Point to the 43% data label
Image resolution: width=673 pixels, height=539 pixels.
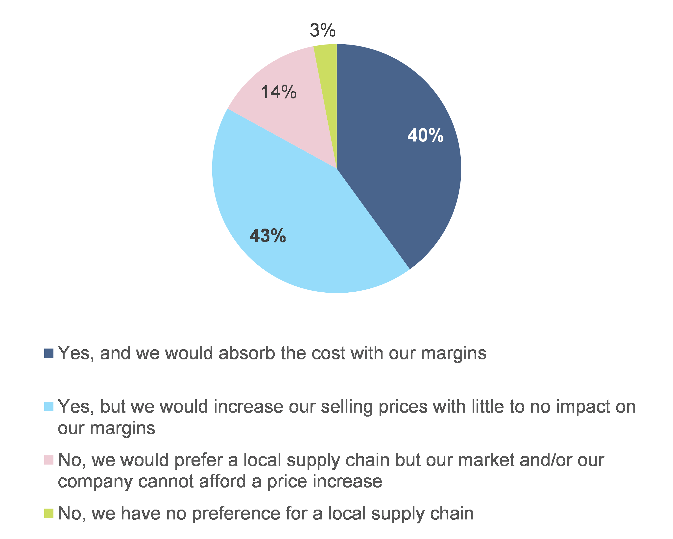tap(267, 236)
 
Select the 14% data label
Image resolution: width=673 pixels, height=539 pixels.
tap(279, 92)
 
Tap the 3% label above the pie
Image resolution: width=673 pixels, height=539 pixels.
tap(322, 30)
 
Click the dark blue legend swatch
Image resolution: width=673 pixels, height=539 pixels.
tap(49, 353)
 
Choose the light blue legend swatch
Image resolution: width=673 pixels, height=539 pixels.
tap(49, 407)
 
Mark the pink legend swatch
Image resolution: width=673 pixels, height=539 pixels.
tap(49, 460)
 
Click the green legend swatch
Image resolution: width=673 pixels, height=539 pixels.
tap(49, 513)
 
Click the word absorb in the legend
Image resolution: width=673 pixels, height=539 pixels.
tap(247, 353)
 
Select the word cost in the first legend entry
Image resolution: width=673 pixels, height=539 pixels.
tap(328, 353)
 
